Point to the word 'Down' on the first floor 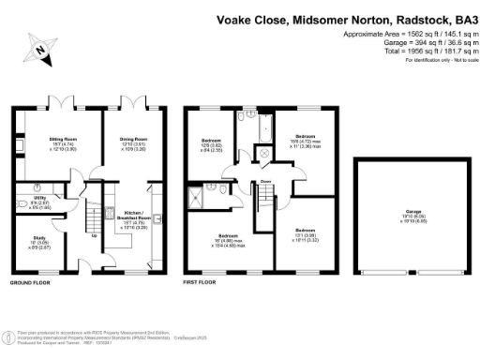click(266, 182)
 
